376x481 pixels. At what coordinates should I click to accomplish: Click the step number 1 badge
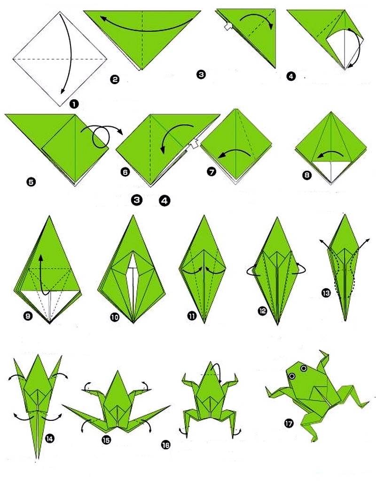click(74, 104)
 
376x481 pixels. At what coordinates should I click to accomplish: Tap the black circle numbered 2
click(115, 80)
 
